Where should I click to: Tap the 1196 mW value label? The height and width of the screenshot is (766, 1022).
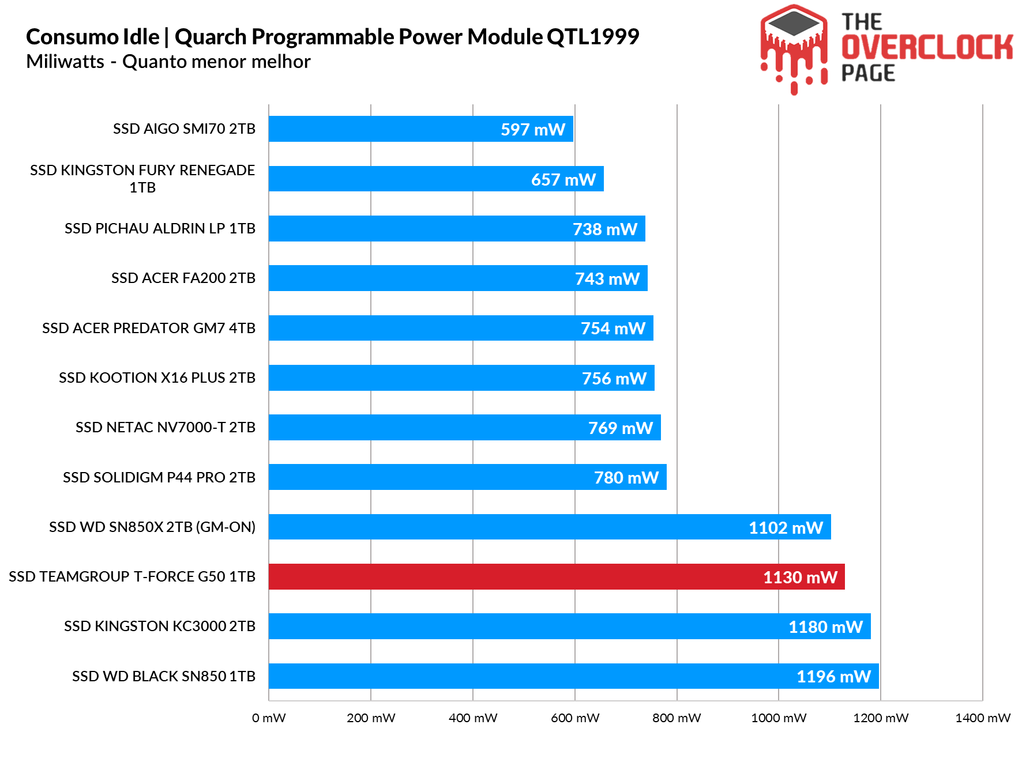(x=833, y=677)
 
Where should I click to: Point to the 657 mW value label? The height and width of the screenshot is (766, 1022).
(x=563, y=180)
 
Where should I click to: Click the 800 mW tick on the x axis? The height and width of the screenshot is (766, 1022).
(x=677, y=718)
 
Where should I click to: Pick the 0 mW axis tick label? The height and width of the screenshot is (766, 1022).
(x=269, y=718)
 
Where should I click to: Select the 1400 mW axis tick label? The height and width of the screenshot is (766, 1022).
(x=983, y=718)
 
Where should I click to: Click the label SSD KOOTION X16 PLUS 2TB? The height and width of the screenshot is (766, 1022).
(x=157, y=378)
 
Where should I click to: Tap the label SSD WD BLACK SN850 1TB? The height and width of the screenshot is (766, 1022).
(x=164, y=677)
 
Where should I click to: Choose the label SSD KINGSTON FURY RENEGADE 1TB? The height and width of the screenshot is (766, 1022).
(x=142, y=179)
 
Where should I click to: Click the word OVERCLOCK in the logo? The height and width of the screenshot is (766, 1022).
(x=927, y=47)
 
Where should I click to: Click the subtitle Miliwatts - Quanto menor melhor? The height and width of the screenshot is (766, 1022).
(x=168, y=62)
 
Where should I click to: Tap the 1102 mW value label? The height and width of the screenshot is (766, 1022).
(x=786, y=528)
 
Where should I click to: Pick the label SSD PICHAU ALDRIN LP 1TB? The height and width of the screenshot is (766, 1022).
(x=160, y=229)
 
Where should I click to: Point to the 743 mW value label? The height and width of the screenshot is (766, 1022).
(x=607, y=279)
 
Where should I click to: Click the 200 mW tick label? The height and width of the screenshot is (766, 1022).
(x=371, y=718)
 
